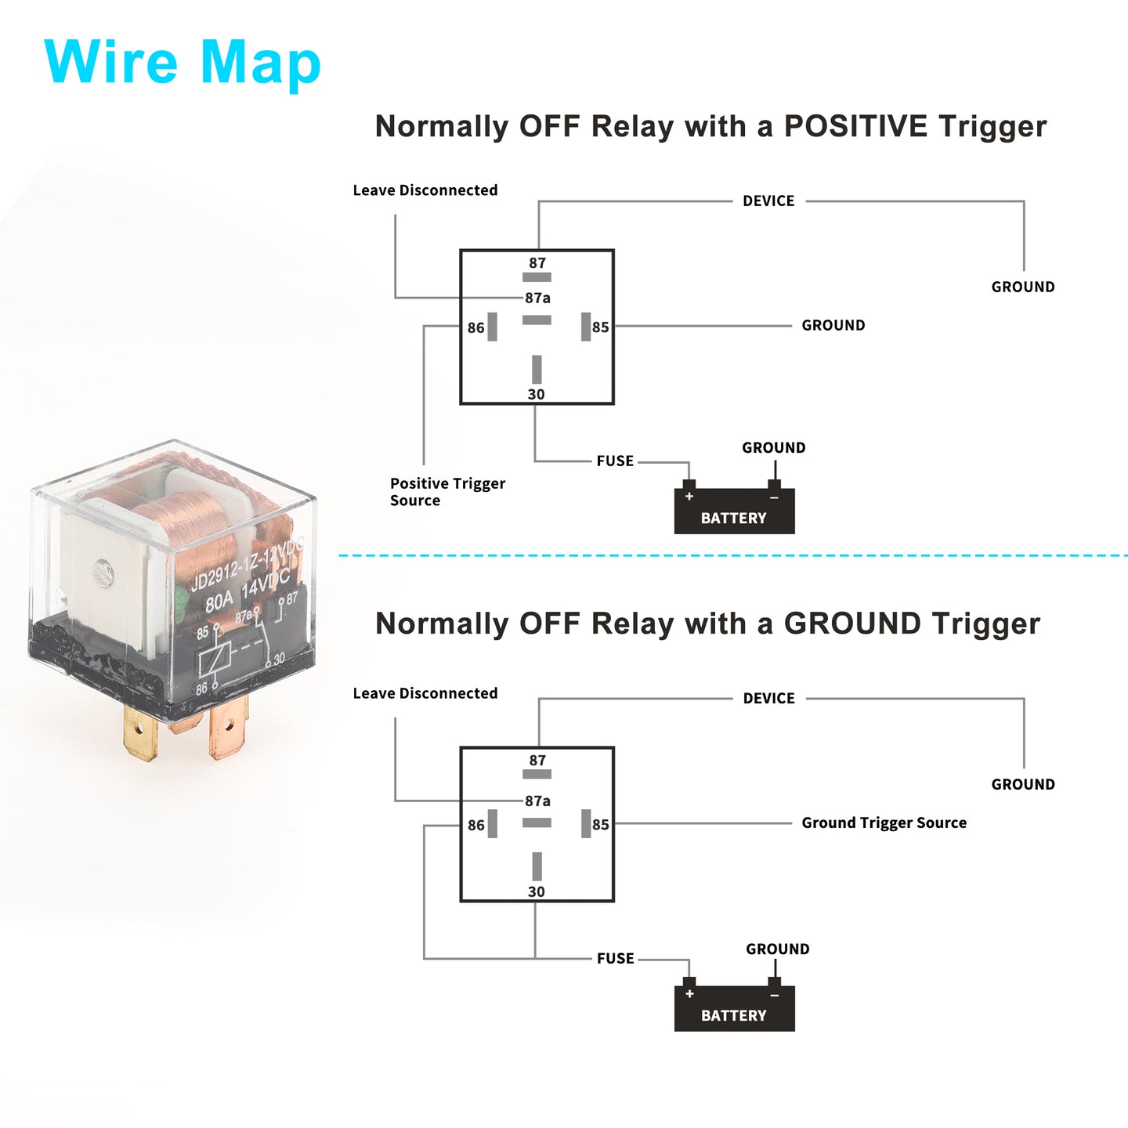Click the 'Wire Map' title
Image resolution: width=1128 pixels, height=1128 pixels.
[x=182, y=62]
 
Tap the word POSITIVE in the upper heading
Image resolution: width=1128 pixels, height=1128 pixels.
[x=855, y=126]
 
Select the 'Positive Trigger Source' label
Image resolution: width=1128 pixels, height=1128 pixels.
[x=447, y=492]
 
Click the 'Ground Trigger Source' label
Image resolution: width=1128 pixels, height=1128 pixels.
[x=884, y=822]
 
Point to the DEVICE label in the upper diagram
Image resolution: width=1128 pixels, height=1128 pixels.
[x=768, y=201]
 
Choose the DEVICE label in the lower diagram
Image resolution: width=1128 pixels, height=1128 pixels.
[x=768, y=698]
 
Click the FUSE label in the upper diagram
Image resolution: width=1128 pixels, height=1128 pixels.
[x=615, y=461]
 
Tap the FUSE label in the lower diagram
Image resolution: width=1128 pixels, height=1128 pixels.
[x=615, y=958]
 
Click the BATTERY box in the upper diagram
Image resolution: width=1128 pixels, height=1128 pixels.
[x=734, y=511]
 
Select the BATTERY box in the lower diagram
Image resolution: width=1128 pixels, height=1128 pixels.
[x=734, y=1008]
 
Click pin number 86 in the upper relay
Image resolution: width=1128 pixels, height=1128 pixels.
[x=476, y=327]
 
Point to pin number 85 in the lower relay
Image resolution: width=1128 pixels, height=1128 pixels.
[x=601, y=825]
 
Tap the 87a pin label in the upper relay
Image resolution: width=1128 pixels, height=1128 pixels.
[x=537, y=298]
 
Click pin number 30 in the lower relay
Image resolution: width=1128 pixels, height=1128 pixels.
[x=537, y=891]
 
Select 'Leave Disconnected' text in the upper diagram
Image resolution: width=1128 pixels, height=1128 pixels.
[x=425, y=190]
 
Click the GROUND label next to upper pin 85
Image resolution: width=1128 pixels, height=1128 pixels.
[x=833, y=325]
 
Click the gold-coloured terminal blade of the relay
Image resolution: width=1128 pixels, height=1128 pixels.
[x=140, y=732]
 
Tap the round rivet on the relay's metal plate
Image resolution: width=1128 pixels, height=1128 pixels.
[x=104, y=573]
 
